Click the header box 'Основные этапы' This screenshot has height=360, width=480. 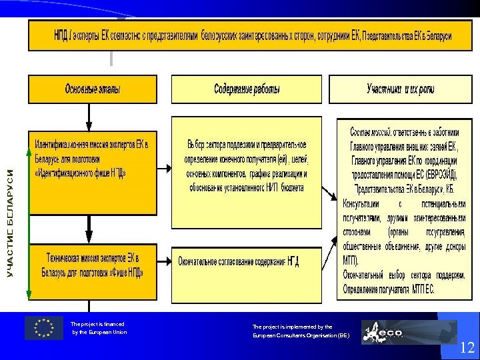coord(92,89)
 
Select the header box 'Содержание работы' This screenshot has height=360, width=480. coord(246,89)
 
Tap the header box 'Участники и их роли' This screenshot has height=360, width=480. coord(400,89)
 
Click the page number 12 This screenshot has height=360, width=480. coord(467,347)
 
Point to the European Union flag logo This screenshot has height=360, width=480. coord(44,327)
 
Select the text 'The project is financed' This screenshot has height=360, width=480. coord(97,324)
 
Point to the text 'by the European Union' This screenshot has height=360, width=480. coord(99,332)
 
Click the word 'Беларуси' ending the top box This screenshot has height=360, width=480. coord(436,35)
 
